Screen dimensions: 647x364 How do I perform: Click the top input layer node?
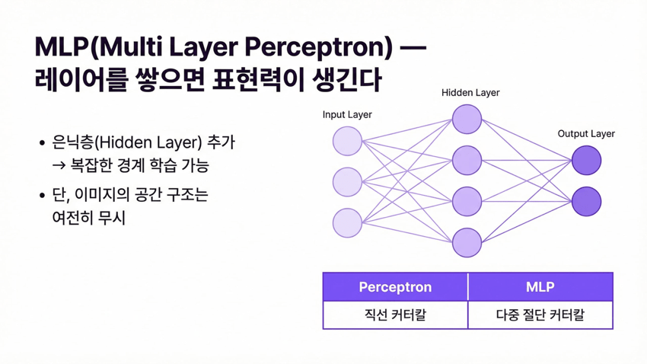347,141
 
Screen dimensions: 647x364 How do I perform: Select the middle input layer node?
347,182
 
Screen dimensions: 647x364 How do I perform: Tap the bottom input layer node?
347,223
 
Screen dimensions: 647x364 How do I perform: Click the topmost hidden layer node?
467,120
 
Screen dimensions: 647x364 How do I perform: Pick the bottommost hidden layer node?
467,243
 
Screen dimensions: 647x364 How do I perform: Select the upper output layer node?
586,160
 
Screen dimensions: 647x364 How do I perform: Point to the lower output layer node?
586,201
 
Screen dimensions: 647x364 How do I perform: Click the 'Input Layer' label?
347,115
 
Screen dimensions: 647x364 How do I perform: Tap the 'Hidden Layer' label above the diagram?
470,92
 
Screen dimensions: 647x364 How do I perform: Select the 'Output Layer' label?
586,134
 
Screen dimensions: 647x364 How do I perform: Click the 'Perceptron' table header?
395,287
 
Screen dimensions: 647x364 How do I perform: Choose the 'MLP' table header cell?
540,287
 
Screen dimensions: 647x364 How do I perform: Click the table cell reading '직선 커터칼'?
395,315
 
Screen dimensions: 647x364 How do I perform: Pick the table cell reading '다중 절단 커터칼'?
540,315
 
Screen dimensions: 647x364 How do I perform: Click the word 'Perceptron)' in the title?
318,47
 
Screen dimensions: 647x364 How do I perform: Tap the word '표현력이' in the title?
258,79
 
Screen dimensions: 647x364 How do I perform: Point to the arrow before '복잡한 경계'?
59,166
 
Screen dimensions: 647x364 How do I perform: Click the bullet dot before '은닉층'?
42,143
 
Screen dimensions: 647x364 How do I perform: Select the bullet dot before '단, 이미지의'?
42,195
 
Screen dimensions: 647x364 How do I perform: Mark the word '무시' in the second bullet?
112,218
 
